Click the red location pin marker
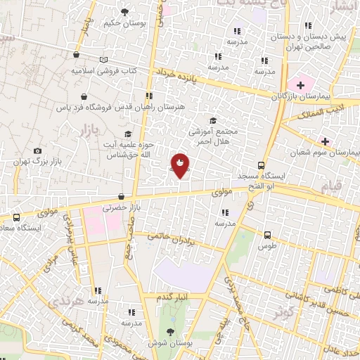[180, 165]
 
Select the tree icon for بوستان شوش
[169, 332]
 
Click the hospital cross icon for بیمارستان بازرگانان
[300, 85]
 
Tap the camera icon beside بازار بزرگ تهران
[38, 150]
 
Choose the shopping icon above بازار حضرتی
[122, 197]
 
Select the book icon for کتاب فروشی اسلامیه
[105, 60]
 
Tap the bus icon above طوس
[268, 235]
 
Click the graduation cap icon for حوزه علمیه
[127, 134]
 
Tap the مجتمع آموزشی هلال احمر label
[214, 135]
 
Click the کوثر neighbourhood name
[283, 310]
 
